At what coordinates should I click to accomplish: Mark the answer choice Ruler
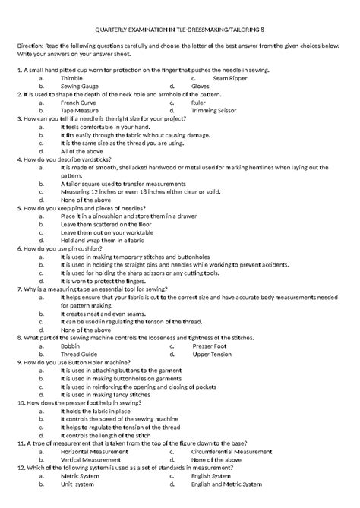219,102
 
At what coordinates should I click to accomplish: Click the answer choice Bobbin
71,347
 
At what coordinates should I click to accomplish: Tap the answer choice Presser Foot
231,347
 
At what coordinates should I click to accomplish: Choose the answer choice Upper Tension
233,355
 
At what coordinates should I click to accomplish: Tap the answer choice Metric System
83,475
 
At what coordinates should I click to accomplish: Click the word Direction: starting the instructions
33,46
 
